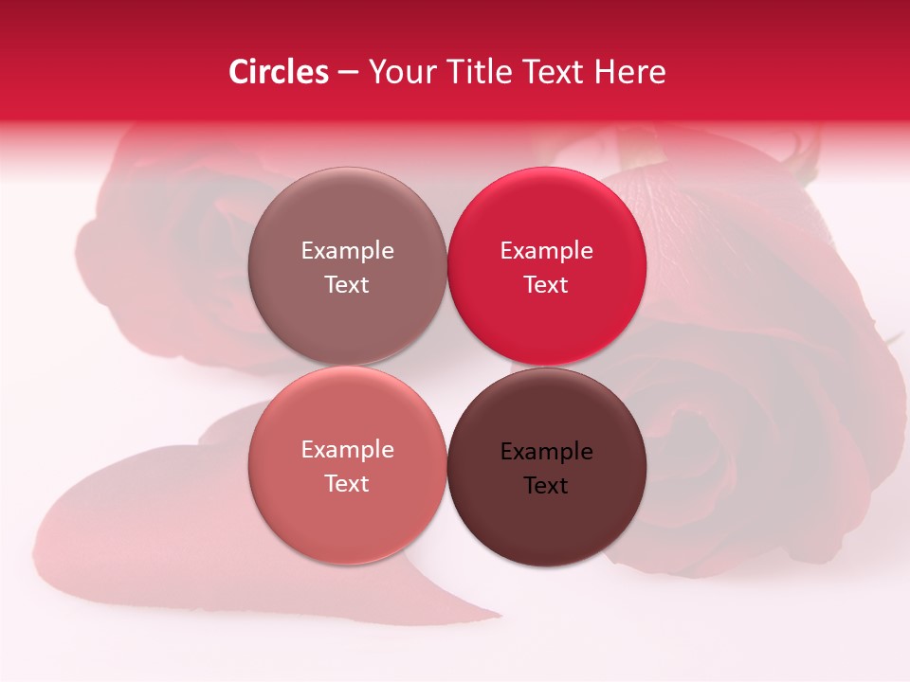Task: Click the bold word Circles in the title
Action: (279, 72)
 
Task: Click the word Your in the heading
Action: (399, 72)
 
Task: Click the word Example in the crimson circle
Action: (546, 250)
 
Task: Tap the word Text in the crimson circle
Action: (546, 284)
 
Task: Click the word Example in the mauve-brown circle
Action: (347, 250)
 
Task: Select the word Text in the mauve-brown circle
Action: (347, 284)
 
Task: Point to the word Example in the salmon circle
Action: (347, 449)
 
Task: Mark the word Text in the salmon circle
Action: (347, 483)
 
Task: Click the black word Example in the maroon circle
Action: (546, 451)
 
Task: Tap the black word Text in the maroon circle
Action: (546, 485)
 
